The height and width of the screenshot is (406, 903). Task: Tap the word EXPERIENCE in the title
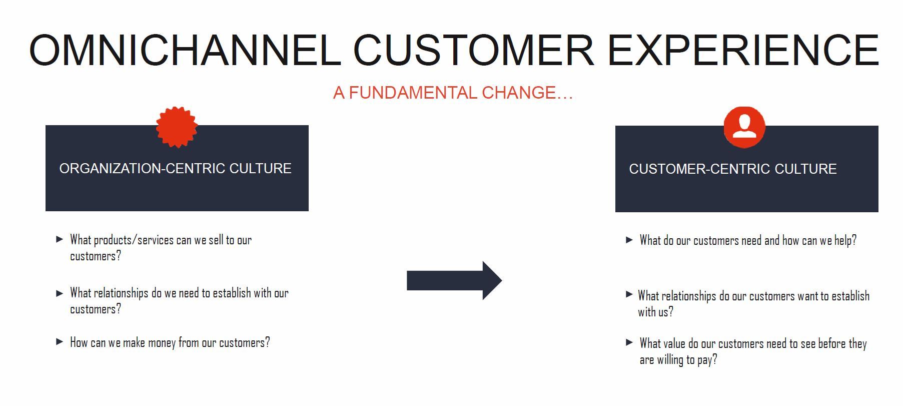coord(743,50)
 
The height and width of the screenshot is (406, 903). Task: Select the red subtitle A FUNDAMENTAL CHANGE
coord(453,93)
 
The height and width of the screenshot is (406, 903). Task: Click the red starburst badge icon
coord(177,127)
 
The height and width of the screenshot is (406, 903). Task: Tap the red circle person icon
coord(744,127)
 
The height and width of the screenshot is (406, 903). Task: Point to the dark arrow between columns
coord(454,280)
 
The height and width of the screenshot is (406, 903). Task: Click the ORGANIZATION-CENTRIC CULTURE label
coord(175,169)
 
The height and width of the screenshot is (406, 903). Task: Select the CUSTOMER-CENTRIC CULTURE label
coord(732,169)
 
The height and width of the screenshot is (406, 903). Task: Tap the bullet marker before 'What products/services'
coord(60,239)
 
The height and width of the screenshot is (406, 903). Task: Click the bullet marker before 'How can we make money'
coord(60,342)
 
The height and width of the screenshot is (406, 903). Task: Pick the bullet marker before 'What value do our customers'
coord(629,343)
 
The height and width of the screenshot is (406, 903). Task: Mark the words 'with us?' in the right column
coord(655,312)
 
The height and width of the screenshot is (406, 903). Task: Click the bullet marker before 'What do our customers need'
coord(629,240)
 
